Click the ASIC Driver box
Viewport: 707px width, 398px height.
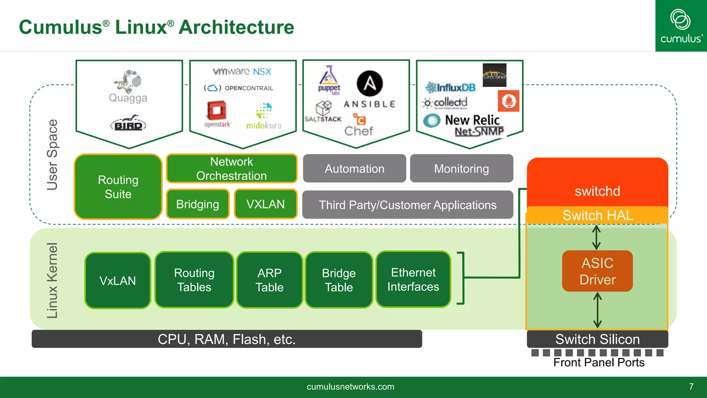597,271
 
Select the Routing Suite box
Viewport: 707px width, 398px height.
118,187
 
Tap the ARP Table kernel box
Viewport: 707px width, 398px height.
269,280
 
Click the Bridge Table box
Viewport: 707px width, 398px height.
339,280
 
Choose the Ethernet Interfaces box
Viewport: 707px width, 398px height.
413,279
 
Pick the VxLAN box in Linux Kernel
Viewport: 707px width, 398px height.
118,281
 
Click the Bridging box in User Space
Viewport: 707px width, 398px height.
197,204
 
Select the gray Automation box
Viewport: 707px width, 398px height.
354,169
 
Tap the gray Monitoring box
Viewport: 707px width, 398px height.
461,169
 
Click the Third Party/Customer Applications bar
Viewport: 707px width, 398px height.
407,205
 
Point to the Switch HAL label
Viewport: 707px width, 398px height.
598,215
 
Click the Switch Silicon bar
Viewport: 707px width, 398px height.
597,339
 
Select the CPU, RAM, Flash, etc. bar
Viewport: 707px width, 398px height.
226,339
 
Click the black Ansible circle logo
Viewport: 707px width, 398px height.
369,84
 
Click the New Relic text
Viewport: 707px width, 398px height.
472,120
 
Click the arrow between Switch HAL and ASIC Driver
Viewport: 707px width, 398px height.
597,237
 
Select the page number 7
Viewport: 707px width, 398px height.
691,387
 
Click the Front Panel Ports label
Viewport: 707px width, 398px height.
599,362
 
